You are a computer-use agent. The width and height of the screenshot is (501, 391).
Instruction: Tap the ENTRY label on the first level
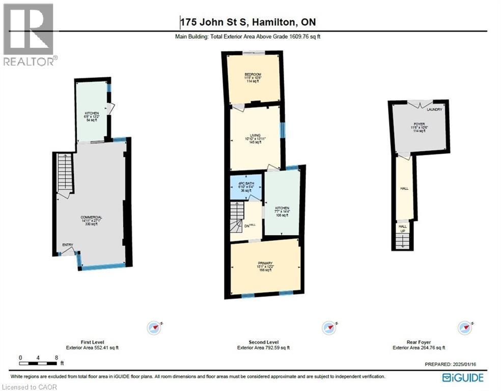tap(68, 245)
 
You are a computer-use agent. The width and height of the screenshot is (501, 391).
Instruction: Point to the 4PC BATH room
tap(246, 186)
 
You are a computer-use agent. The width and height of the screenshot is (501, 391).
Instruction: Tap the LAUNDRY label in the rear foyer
tap(434, 109)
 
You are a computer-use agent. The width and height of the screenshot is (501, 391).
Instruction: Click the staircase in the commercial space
tap(65, 173)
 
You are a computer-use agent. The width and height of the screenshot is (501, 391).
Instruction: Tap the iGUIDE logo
tap(462, 377)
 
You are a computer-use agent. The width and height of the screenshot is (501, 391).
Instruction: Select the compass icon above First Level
tap(154, 327)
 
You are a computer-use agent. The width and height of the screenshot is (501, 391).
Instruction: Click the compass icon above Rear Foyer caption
tap(464, 327)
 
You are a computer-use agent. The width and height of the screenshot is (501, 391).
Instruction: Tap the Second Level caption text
tap(264, 343)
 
